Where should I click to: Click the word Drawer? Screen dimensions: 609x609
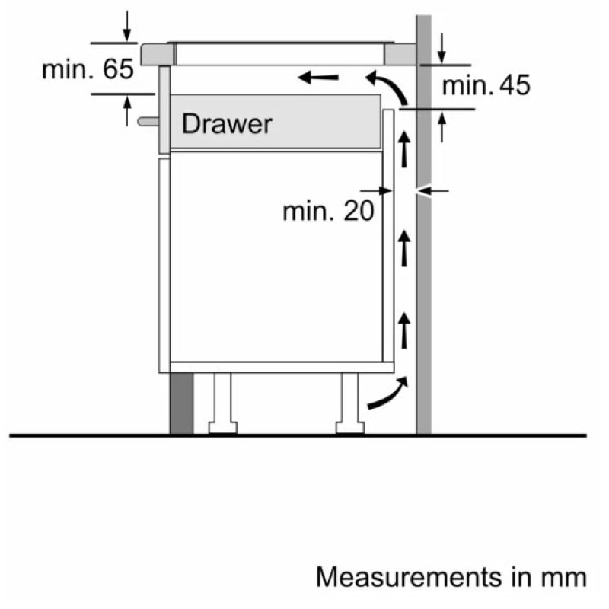(226, 123)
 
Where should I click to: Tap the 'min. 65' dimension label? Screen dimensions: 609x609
(88, 70)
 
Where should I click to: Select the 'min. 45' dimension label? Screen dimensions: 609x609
(486, 85)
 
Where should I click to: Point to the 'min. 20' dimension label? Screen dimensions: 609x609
(328, 211)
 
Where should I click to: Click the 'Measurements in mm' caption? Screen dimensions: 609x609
(451, 576)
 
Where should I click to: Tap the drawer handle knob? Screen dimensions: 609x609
(148, 120)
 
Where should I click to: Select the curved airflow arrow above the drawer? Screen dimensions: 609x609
(387, 85)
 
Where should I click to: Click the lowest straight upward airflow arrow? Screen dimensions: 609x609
(405, 329)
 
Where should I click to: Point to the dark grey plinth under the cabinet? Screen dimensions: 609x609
(180, 403)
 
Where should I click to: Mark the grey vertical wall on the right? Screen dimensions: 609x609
(424, 266)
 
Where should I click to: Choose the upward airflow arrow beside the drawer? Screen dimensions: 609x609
(405, 149)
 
